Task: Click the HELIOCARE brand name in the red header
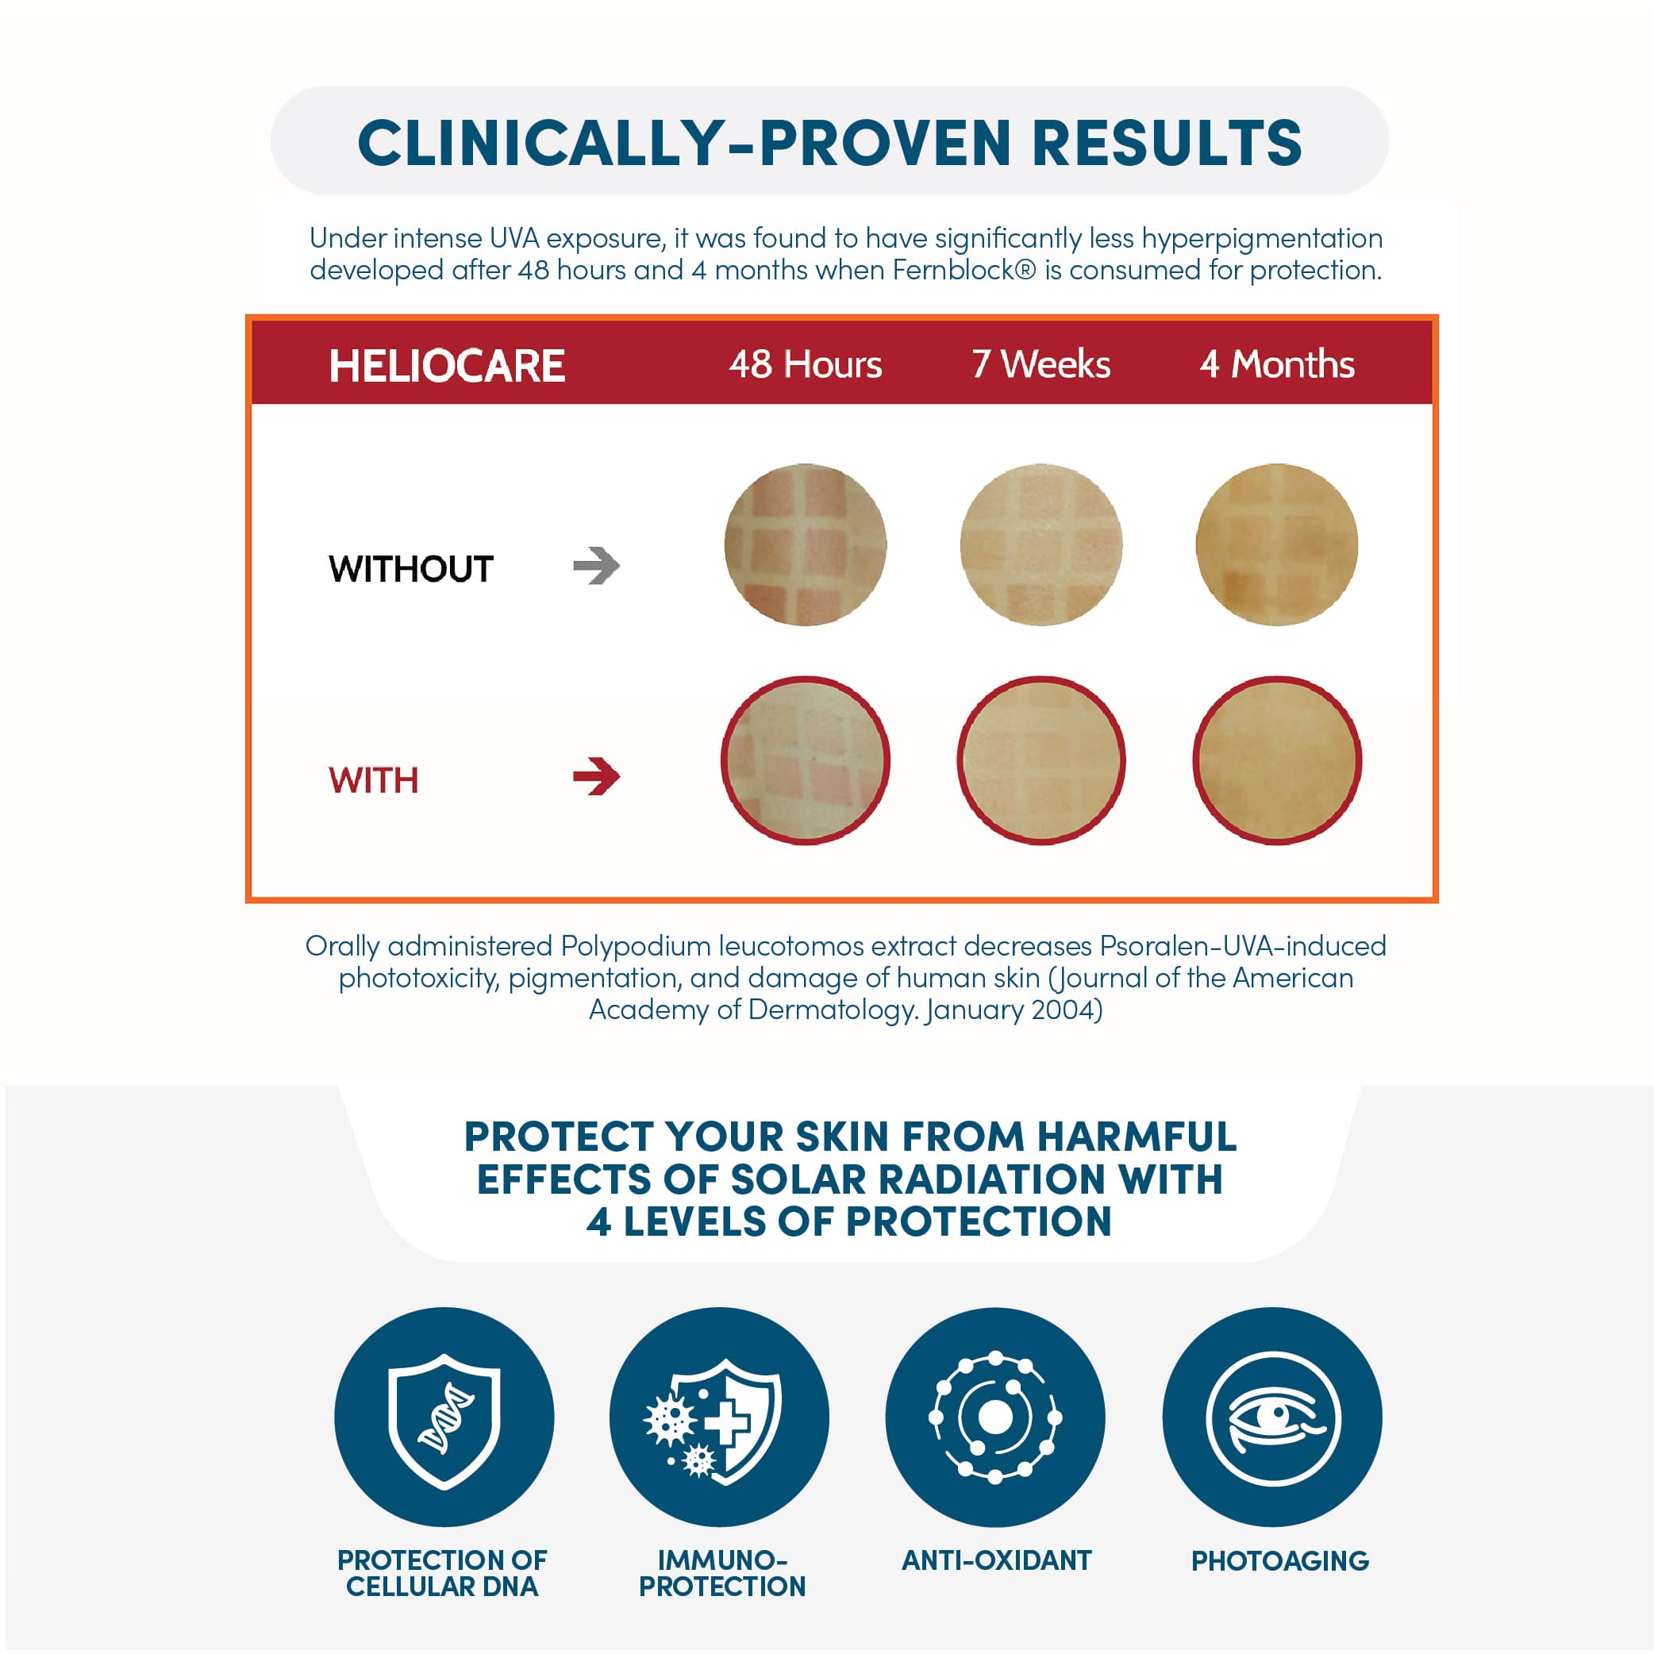(447, 366)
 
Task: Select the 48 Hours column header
(805, 365)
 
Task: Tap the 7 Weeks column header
(1041, 365)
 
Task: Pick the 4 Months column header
(1277, 365)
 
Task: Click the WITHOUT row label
(411, 569)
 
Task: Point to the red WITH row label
(374, 781)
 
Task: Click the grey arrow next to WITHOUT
(597, 566)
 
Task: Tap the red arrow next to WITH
(597, 776)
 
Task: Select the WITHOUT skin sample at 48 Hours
(806, 544)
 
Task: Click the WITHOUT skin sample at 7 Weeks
(1041, 544)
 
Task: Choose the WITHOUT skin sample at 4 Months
(1276, 544)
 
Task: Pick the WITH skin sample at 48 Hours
(806, 760)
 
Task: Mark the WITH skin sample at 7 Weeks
(1041, 760)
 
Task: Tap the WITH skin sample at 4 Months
(1276, 760)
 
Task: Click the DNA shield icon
(444, 1417)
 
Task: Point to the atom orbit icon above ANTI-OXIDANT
(994, 1417)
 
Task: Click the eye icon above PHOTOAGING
(1272, 1417)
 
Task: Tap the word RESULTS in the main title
(1167, 142)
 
